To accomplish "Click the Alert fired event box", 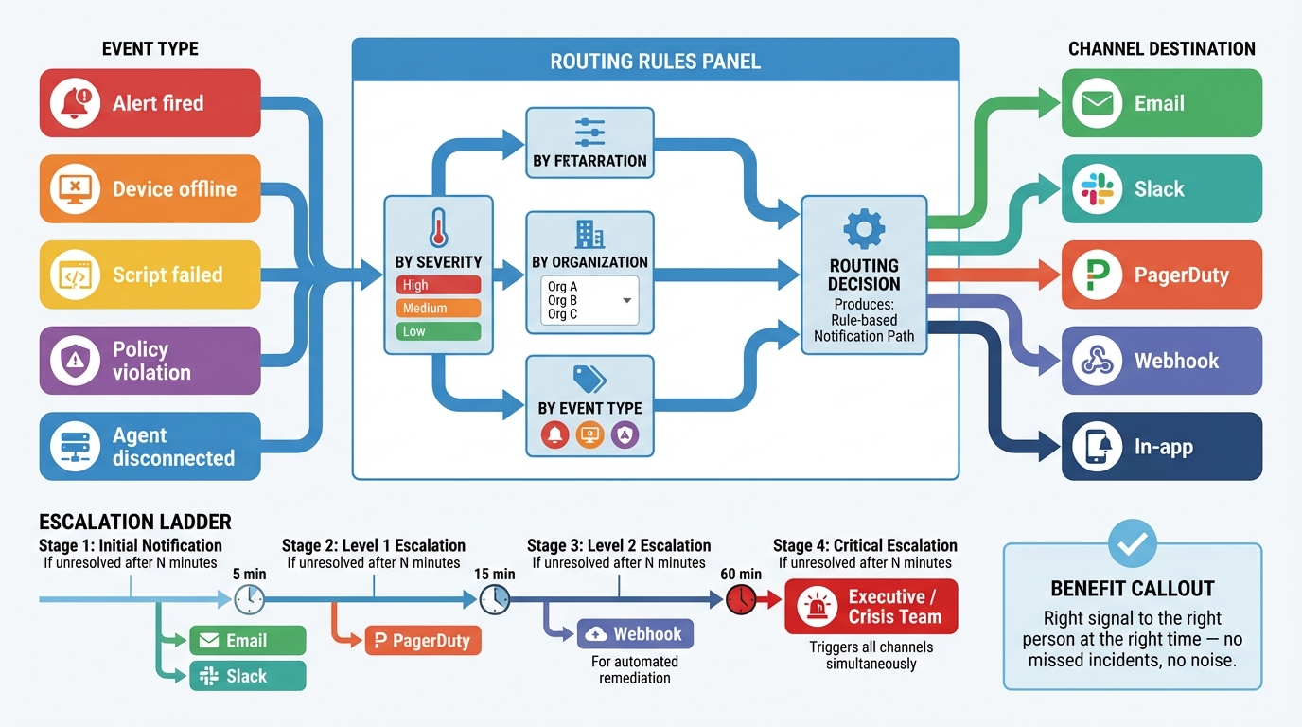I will pyautogui.click(x=150, y=103).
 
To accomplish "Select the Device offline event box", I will pyautogui.click(x=150, y=189).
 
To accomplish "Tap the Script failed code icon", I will pyautogui.click(x=75, y=275).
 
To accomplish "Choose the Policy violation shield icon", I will pyautogui.click(x=75, y=361).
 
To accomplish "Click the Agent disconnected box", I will pyautogui.click(x=150, y=447).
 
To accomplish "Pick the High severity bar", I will pyautogui.click(x=438, y=285).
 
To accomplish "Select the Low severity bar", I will pyautogui.click(x=438, y=331).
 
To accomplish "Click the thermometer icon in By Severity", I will pyautogui.click(x=437, y=228).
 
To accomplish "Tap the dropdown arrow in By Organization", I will pyautogui.click(x=626, y=300).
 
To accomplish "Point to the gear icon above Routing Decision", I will pyautogui.click(x=863, y=229).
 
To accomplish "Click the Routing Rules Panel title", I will pyautogui.click(x=655, y=62).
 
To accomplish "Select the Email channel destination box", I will pyautogui.click(x=1161, y=103).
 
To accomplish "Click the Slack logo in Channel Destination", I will pyautogui.click(x=1097, y=189).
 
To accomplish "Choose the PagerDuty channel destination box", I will pyautogui.click(x=1161, y=275).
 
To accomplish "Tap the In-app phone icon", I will pyautogui.click(x=1097, y=447).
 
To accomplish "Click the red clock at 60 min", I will pyautogui.click(x=741, y=598).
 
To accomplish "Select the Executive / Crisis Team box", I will pyautogui.click(x=871, y=607).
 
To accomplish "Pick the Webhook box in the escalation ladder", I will pyautogui.click(x=635, y=634).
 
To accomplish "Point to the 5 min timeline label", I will pyautogui.click(x=249, y=574).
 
